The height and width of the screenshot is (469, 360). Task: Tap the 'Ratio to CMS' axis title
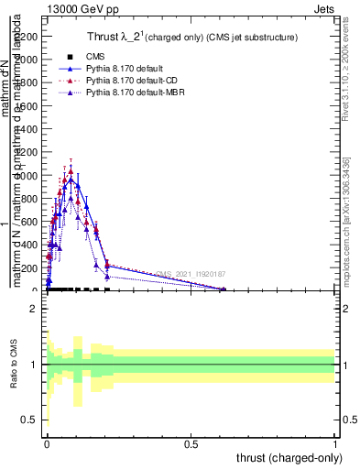point(13,364)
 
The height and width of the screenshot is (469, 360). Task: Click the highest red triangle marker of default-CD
point(71,170)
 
